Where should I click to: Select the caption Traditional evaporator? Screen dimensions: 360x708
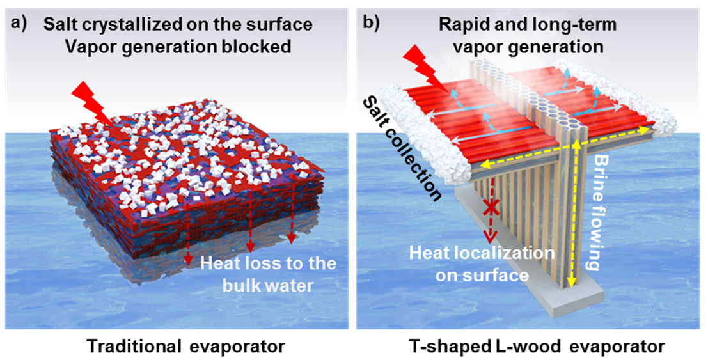(185, 346)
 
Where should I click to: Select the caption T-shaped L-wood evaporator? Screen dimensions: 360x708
(537, 346)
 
